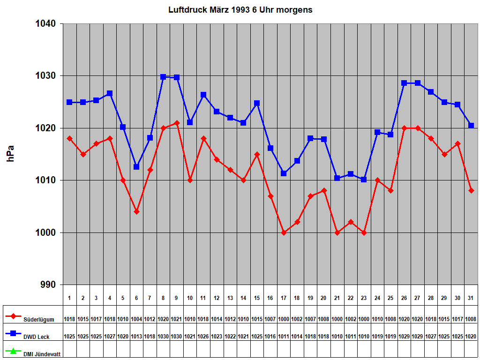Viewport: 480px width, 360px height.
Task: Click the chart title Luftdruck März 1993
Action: pyautogui.click(x=240, y=9)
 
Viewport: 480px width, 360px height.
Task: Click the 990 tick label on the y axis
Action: pyautogui.click(x=47, y=285)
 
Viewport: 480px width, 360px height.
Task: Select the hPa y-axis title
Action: pyautogui.click(x=11, y=154)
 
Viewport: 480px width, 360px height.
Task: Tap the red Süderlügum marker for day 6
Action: pyautogui.click(x=136, y=211)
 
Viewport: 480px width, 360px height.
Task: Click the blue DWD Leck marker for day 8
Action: pyautogui.click(x=164, y=77)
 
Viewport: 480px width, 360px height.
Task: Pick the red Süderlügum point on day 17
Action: pyautogui.click(x=284, y=232)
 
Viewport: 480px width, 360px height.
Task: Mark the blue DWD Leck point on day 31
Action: pyautogui.click(x=471, y=126)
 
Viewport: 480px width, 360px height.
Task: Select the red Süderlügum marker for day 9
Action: pyautogui.click(x=177, y=123)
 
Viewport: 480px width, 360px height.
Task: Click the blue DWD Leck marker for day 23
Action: pyautogui.click(x=364, y=180)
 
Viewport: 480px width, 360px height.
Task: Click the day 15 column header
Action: pyautogui.click(x=256, y=298)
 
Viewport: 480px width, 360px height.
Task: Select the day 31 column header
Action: pyautogui.click(x=471, y=298)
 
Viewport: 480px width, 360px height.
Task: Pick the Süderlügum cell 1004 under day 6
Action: pyautogui.click(x=136, y=319)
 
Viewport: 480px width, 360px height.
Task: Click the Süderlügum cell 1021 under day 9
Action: pyautogui.click(x=177, y=319)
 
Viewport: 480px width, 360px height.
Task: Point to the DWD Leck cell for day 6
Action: pyautogui.click(x=136, y=337)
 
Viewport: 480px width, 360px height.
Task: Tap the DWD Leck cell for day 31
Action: pyautogui.click(x=471, y=337)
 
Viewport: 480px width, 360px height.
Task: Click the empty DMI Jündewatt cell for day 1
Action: pyautogui.click(x=69, y=350)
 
